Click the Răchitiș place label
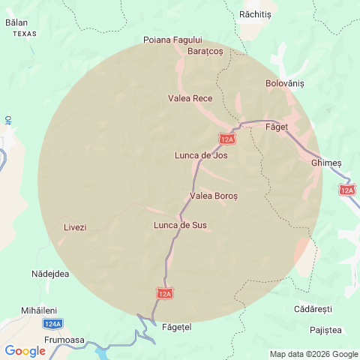(x=255, y=14)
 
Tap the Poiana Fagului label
(x=173, y=40)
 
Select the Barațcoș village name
(x=205, y=51)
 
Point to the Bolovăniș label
(x=285, y=84)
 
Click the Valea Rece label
(x=190, y=98)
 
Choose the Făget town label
(x=277, y=127)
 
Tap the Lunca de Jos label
(x=201, y=156)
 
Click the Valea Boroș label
(x=214, y=196)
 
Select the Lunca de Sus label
(x=180, y=225)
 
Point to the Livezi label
(x=75, y=227)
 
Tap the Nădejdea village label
(x=51, y=274)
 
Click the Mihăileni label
(x=39, y=310)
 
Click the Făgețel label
(x=177, y=328)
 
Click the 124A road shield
(x=52, y=324)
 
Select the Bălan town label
(x=16, y=23)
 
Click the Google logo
(x=25, y=351)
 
